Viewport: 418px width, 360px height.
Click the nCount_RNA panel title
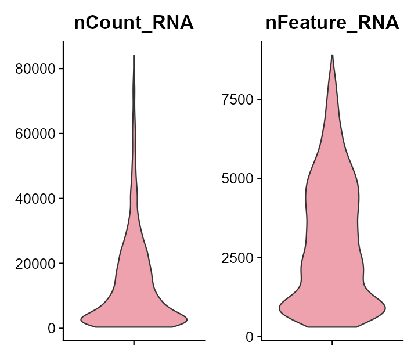pyautogui.click(x=134, y=23)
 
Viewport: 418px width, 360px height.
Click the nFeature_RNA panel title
pyautogui.click(x=332, y=23)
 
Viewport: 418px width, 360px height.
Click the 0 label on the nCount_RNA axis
pyautogui.click(x=52, y=329)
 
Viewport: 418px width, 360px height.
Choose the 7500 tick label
pyautogui.click(x=239, y=99)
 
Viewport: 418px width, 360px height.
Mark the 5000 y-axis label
pyautogui.click(x=239, y=178)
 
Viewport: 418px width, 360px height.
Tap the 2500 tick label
pyautogui.click(x=239, y=258)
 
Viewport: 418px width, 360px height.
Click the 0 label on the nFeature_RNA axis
pyautogui.click(x=250, y=337)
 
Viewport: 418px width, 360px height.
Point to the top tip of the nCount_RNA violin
pyautogui.click(x=134, y=56)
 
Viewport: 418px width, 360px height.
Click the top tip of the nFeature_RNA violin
pyautogui.click(x=332, y=56)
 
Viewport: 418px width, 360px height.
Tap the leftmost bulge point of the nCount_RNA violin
pyautogui.click(x=81, y=319)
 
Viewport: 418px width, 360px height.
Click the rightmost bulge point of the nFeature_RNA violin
pyautogui.click(x=385, y=308)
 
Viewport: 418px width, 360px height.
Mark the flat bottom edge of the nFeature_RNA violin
pyautogui.click(x=332, y=327)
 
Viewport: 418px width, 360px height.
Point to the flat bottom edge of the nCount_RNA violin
pyautogui.click(x=134, y=327)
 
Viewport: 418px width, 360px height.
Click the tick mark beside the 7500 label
pyautogui.click(x=260, y=99)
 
